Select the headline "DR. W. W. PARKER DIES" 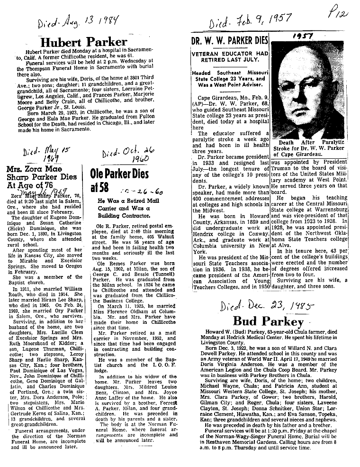230,41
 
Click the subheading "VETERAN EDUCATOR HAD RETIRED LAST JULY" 230,57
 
